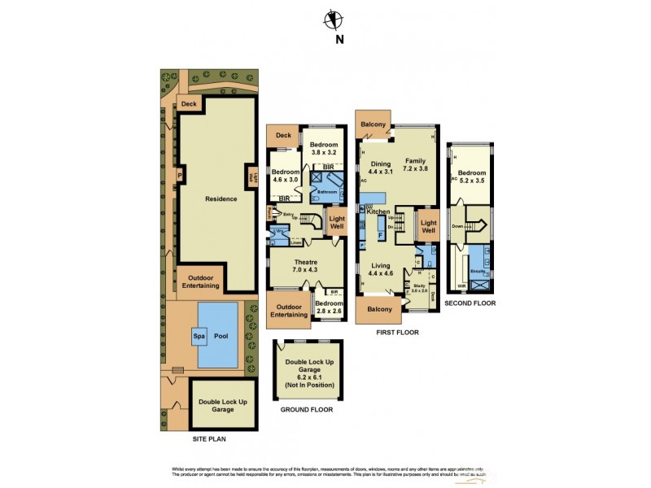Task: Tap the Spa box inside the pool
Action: [198, 334]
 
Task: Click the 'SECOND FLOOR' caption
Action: [470, 303]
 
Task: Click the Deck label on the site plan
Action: [189, 104]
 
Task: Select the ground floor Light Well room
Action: [336, 223]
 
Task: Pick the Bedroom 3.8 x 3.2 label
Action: [322, 147]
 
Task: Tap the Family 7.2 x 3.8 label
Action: [415, 165]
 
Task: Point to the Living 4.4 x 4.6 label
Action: [381, 269]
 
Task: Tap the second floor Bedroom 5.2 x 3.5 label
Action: [471, 177]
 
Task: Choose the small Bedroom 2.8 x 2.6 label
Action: [328, 307]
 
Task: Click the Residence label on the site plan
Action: [199, 198]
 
